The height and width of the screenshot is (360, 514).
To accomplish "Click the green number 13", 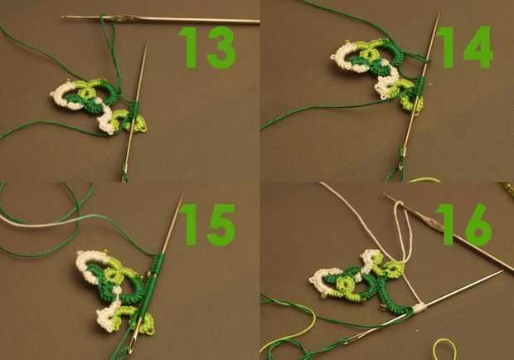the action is coord(207,47).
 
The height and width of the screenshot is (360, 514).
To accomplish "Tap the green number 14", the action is coord(464,47).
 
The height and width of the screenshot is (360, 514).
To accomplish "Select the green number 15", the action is coord(207,225).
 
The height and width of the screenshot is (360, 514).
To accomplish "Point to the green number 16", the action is coord(464,225).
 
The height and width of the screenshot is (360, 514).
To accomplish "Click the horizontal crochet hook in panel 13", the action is coord(161,19).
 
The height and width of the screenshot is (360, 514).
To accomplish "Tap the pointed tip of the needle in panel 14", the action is coord(439,13).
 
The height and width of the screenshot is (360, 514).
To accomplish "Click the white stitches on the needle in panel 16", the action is coord(419,308).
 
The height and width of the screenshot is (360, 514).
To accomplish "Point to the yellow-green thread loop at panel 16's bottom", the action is coord(444,349).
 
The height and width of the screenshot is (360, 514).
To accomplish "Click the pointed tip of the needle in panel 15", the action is coord(182,195).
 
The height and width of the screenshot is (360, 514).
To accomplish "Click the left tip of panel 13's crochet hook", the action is coord(63,16).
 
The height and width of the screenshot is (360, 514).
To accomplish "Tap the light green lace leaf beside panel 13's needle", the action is coord(138,124).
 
